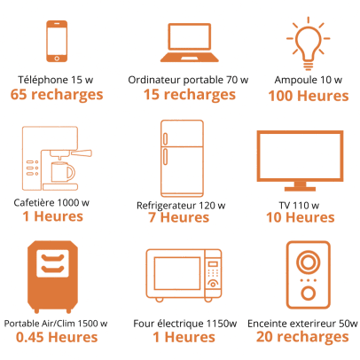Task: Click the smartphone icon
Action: click(x=57, y=42)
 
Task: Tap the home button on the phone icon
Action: click(x=57, y=59)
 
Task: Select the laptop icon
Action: click(x=190, y=43)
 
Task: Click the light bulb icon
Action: click(x=308, y=43)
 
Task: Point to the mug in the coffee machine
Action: click(x=63, y=172)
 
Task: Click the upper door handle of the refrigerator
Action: click(x=165, y=139)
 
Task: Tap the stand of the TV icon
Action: click(x=300, y=186)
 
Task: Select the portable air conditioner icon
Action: click(x=52, y=277)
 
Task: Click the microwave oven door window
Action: click(x=177, y=273)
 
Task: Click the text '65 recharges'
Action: click(x=57, y=95)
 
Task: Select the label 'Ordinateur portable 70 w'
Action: click(x=188, y=80)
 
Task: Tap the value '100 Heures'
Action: click(x=309, y=96)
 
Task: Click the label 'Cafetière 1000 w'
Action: click(x=51, y=203)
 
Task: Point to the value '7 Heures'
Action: click(x=178, y=217)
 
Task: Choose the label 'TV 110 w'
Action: click(x=299, y=206)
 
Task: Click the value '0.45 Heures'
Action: click(x=57, y=337)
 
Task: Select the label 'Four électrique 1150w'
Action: click(x=185, y=324)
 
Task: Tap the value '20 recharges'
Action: click(x=302, y=337)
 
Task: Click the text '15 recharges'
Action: click(x=190, y=95)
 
